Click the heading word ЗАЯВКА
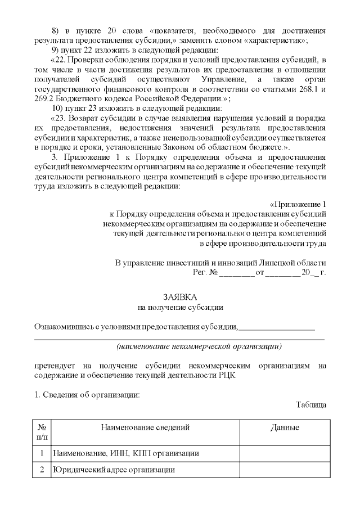(x=180, y=297)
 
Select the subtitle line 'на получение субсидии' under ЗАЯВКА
(x=180, y=307)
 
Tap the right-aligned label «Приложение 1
(x=298, y=204)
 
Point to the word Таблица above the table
(x=310, y=404)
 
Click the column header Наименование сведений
(x=145, y=428)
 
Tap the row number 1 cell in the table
(x=42, y=453)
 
